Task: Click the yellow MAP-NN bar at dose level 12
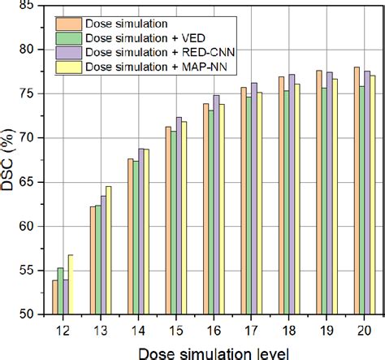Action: pyautogui.click(x=71, y=284)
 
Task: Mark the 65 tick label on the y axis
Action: pyautogui.click(x=28, y=182)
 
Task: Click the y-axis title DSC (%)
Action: pyautogui.click(x=9, y=159)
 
